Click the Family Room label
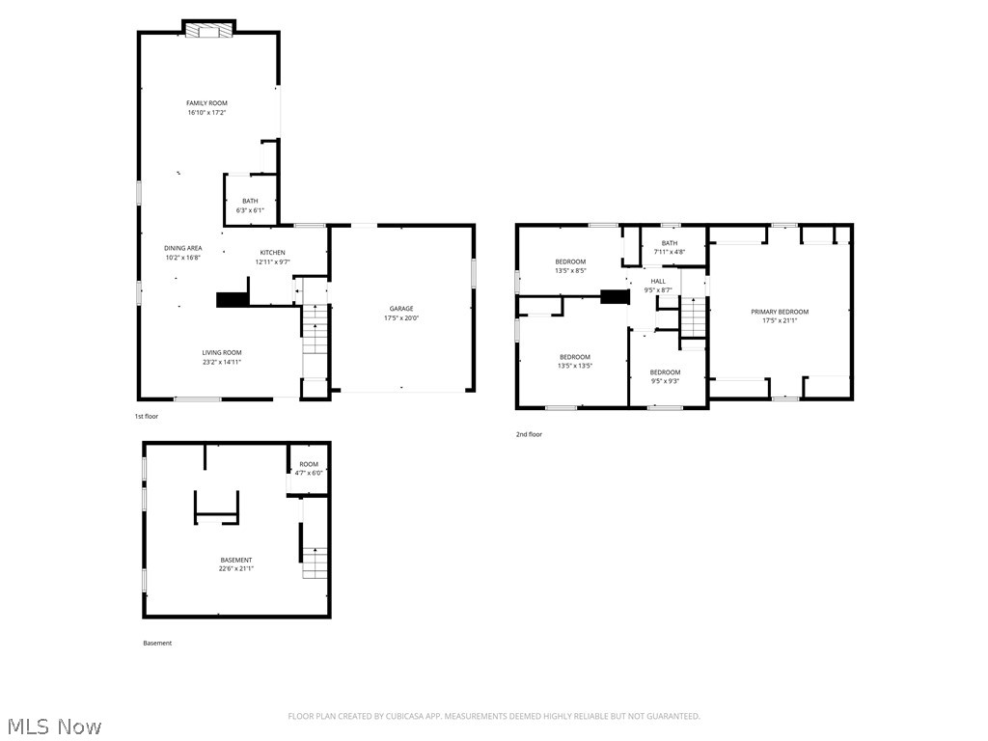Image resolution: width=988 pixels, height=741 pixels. pos(206,103)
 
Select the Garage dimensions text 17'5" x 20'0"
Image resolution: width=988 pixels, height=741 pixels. pos(401,318)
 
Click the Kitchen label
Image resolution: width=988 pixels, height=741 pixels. pos(272,253)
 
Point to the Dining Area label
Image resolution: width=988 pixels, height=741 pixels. pos(182,248)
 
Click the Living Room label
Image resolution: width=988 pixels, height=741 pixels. pos(221,353)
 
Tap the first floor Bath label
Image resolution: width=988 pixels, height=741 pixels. pos(250,201)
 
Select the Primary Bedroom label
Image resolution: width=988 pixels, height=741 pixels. pos(780,312)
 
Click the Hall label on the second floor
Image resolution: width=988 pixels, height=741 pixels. pos(657,282)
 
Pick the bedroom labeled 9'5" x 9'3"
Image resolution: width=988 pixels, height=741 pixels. pos(664,372)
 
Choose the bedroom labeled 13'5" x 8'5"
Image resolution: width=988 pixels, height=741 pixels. pos(570,261)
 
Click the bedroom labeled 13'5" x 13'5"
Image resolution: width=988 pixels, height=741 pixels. pos(574,357)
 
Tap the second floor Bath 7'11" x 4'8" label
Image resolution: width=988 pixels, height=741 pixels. pos(669,243)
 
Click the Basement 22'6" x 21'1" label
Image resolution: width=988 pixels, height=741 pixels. pos(236,561)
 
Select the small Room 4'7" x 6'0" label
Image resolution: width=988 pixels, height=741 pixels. pos(308,464)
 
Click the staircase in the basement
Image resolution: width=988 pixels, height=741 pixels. pos(315,563)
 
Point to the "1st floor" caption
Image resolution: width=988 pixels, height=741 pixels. pos(146,416)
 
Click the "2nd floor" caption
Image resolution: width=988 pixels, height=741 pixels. pos(529,434)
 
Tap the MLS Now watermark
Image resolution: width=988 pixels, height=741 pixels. pos(53,726)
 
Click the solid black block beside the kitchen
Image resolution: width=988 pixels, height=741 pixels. pos(232,300)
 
